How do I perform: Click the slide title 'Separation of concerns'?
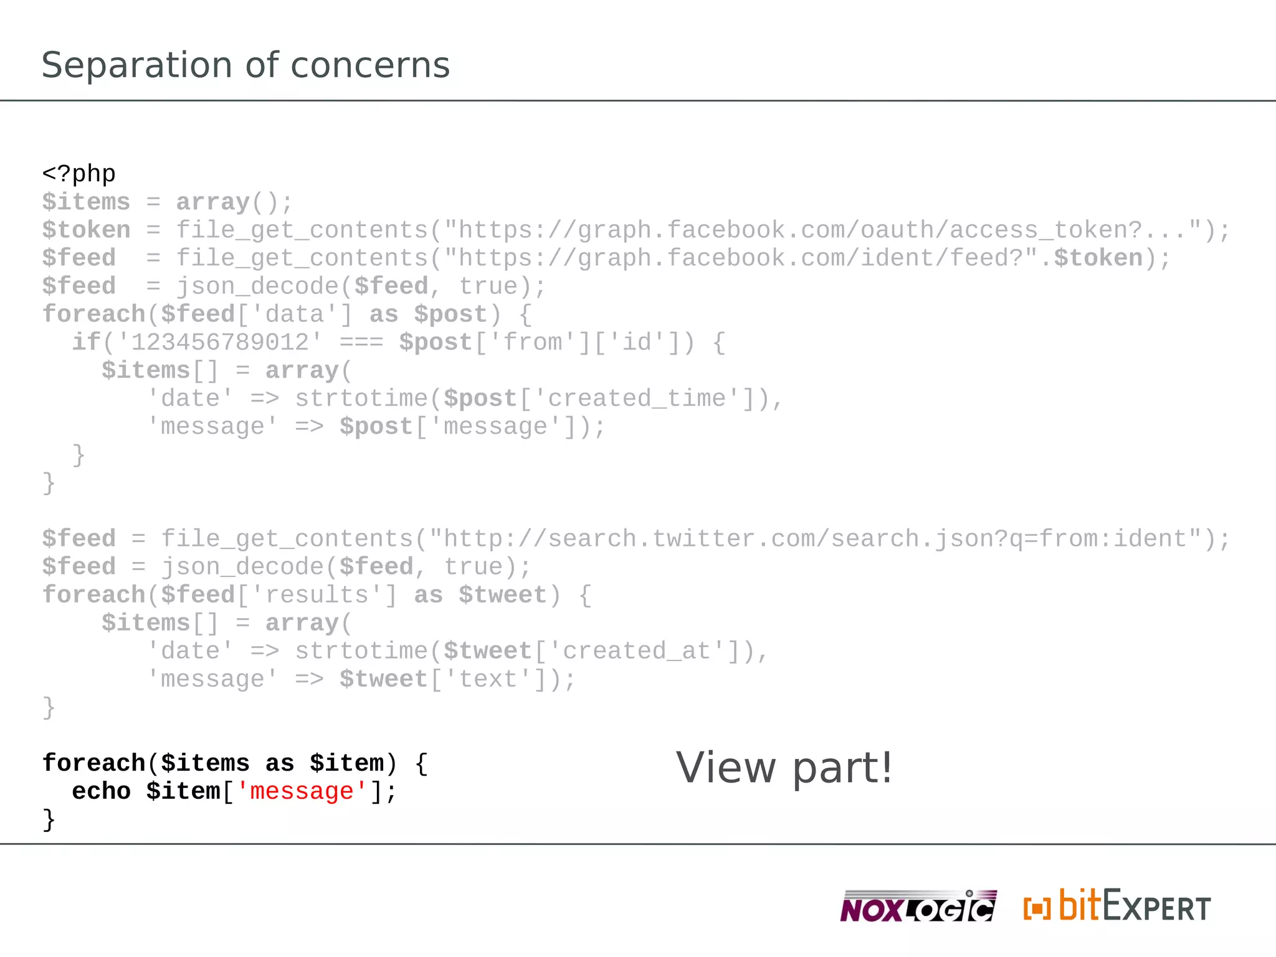[245, 65]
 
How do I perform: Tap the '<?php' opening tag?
[79, 173]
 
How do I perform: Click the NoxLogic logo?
[917, 907]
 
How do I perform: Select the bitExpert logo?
[1116, 907]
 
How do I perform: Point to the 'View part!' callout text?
[784, 768]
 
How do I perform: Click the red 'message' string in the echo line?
[302, 791]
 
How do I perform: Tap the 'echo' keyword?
[101, 791]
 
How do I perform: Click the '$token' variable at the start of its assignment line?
[86, 230]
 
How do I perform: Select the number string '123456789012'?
[220, 342]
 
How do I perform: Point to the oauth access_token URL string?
[829, 230]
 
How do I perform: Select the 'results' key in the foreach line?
[317, 594]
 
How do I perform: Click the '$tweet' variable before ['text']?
[383, 678]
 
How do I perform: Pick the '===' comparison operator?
[361, 342]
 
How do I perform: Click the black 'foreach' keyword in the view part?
[93, 763]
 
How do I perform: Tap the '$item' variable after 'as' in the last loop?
[346, 763]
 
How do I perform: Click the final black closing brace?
[49, 819]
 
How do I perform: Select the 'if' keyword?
[86, 342]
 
